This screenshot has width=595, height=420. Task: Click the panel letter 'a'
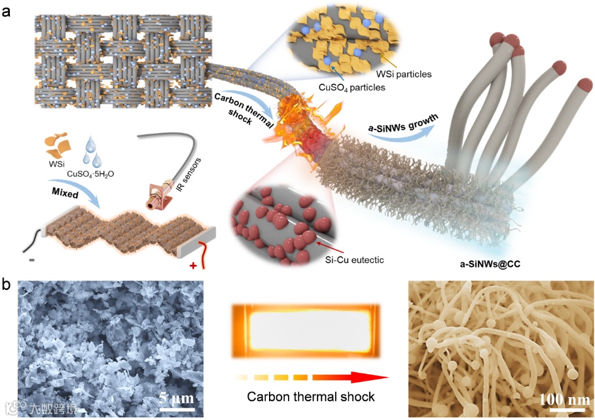pyautogui.click(x=9, y=11)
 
